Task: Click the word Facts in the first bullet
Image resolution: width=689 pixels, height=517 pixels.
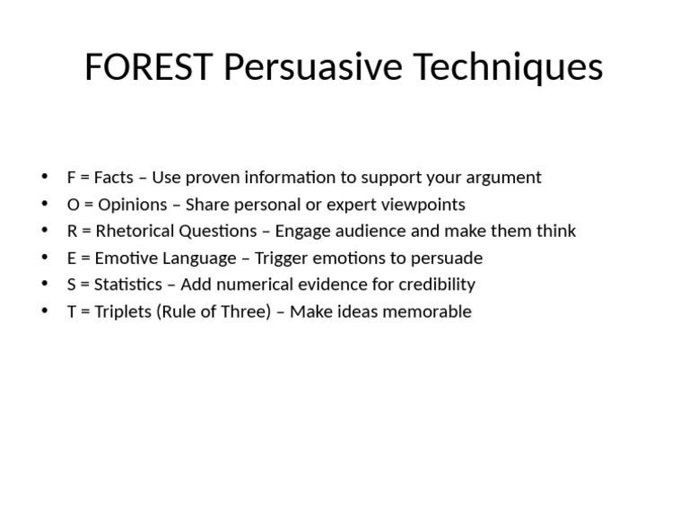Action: pyautogui.click(x=114, y=178)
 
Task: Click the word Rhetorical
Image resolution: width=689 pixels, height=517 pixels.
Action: pyautogui.click(x=135, y=232)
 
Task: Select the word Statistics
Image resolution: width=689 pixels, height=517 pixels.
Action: pyautogui.click(x=126, y=285)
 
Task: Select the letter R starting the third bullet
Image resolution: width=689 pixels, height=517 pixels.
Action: pyautogui.click(x=72, y=232)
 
